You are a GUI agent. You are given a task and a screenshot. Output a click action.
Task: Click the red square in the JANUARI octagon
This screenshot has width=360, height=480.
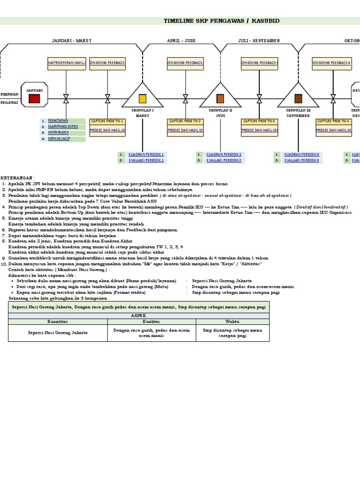coord(34,98)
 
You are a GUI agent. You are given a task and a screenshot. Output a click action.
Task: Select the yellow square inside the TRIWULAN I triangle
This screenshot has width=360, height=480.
coord(142,98)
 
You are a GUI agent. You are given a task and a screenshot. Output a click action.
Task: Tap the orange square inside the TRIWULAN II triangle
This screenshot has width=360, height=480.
coord(220,98)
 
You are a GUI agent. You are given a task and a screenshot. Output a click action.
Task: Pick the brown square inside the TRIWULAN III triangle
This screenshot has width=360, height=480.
coord(298,98)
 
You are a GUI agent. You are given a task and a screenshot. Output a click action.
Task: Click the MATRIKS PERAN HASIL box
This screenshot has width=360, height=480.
coord(66,62)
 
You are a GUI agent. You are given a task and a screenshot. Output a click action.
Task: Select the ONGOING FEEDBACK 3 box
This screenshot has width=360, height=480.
coord(259,62)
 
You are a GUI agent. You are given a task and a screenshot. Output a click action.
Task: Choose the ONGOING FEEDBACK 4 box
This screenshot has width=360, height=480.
coord(333,62)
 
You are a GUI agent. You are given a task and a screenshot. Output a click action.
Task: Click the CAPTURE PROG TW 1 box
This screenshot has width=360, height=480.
coord(107,121)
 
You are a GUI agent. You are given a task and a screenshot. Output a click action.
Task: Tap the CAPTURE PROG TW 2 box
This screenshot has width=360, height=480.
coord(186,121)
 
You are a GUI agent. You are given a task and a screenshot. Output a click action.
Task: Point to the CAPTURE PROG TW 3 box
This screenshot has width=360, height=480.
coord(259,121)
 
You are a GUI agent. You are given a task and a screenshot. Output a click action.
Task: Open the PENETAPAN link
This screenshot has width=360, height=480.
coord(58,120)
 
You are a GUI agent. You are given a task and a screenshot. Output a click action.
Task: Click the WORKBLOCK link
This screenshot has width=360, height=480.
coord(58,133)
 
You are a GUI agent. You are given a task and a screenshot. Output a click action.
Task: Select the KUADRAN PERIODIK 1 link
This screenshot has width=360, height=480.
coord(146,154)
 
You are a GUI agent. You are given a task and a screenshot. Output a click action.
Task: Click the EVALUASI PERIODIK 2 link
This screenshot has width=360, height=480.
coord(224,160)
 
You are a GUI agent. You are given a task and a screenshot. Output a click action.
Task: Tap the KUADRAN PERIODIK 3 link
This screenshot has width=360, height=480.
coord(301,154)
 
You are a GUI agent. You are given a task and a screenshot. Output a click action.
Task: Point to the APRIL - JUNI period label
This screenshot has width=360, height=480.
coord(181,41)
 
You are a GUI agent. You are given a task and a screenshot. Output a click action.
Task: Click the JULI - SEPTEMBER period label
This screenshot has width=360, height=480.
coord(259,41)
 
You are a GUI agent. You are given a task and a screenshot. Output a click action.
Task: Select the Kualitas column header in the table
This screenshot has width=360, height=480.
coord(151,322)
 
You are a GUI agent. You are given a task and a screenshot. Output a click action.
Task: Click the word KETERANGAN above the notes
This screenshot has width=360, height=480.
coord(17,178)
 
